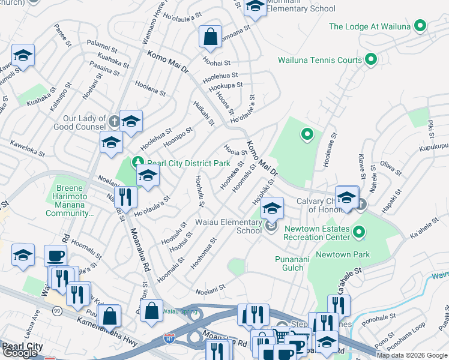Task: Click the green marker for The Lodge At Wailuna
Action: pyautogui.click(x=420, y=26)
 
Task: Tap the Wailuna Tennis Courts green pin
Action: pyautogui.click(x=370, y=59)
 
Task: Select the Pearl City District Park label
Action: pyautogui.click(x=188, y=163)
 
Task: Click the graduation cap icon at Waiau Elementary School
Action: pyautogui.click(x=272, y=208)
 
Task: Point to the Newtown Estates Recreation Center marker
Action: pyautogui.click(x=359, y=231)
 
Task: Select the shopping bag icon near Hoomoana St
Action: pyautogui.click(x=211, y=37)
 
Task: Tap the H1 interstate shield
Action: pyautogui.click(x=170, y=339)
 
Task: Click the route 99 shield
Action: pyautogui.click(x=56, y=311)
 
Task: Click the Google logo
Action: pyautogui.click(x=20, y=353)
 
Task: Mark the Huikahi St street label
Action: pyautogui.click(x=204, y=113)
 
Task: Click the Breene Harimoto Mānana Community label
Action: pyautogui.click(x=74, y=200)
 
